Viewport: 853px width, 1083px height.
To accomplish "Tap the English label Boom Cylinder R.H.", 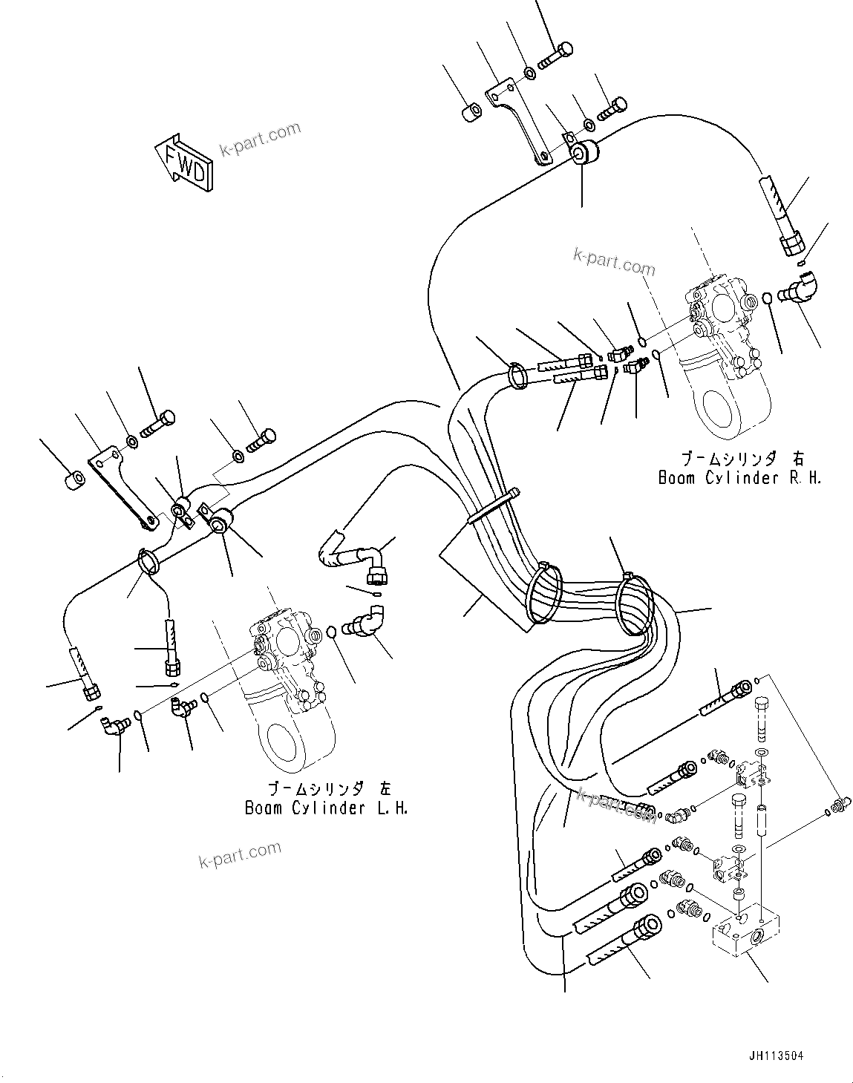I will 739,478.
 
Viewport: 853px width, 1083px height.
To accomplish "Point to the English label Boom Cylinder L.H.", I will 327,808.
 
